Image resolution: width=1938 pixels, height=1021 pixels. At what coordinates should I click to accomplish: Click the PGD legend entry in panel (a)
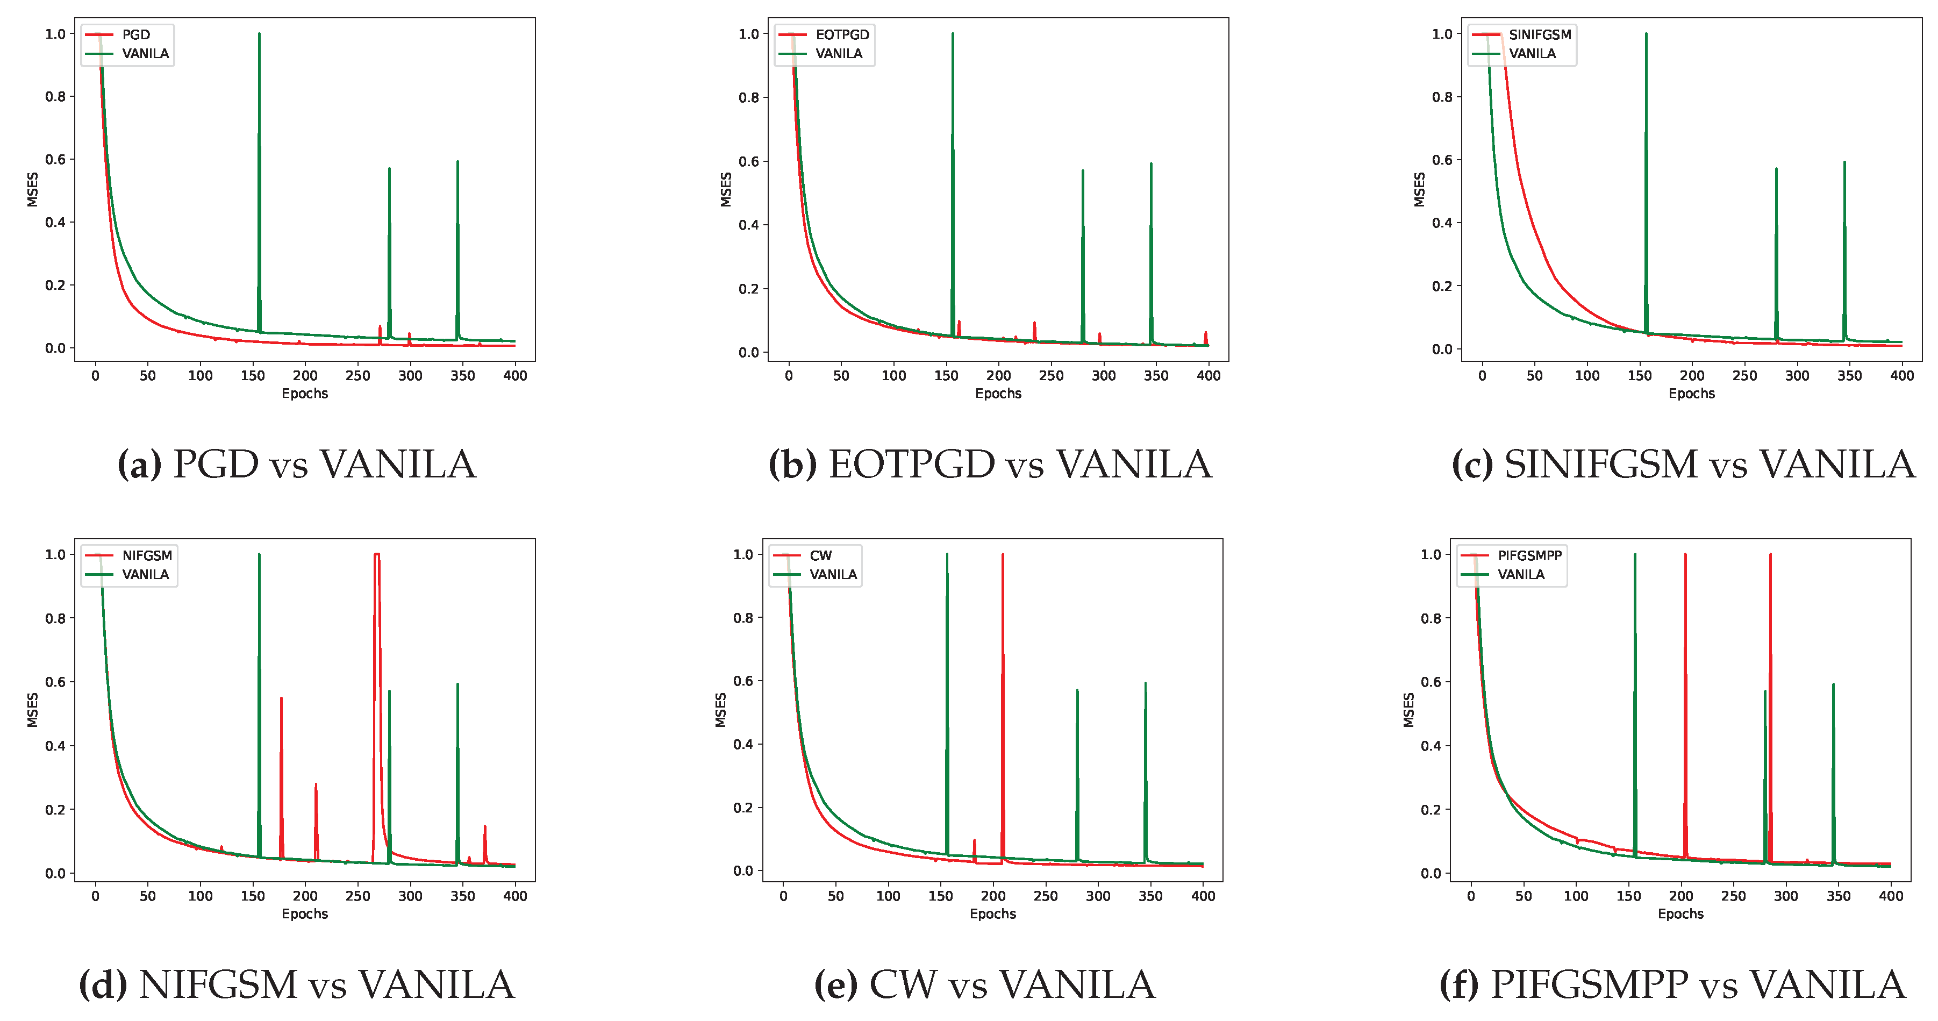pyautogui.click(x=135, y=34)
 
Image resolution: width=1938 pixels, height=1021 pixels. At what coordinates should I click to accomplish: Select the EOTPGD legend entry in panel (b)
pyautogui.click(x=842, y=34)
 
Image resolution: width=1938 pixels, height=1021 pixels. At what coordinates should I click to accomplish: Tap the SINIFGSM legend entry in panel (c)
pyautogui.click(x=1539, y=34)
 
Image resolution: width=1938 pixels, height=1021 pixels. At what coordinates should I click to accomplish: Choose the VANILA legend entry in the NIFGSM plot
pyautogui.click(x=145, y=574)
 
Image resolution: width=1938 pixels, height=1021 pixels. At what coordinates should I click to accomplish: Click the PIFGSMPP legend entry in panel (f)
pyautogui.click(x=1529, y=555)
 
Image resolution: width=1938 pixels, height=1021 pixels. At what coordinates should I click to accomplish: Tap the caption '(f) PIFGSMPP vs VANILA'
pyautogui.click(x=1672, y=984)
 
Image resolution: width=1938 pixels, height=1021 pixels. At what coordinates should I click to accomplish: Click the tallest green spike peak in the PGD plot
pyautogui.click(x=259, y=34)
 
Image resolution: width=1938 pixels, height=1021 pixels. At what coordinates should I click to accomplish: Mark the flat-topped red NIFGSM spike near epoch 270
pyautogui.click(x=377, y=554)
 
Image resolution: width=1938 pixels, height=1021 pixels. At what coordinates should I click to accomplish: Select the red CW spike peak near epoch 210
pyautogui.click(x=1003, y=555)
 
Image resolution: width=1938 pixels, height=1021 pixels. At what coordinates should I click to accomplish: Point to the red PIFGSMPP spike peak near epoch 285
pyautogui.click(x=1770, y=555)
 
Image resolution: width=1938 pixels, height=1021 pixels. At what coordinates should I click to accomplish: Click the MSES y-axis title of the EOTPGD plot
pyautogui.click(x=726, y=190)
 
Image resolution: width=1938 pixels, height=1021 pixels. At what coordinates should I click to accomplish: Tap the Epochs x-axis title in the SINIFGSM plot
pyautogui.click(x=1691, y=394)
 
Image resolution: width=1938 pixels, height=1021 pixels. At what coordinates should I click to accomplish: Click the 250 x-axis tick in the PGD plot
pyautogui.click(x=357, y=375)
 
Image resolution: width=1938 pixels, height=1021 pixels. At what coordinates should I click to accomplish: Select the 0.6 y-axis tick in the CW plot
pyautogui.click(x=743, y=681)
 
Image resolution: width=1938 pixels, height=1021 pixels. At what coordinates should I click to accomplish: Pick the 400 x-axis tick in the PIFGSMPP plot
pyautogui.click(x=1891, y=896)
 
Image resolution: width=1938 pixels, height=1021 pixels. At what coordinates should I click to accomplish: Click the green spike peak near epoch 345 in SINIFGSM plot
pyautogui.click(x=1844, y=162)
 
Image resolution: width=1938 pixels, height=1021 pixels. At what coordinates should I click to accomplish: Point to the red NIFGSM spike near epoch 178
pyautogui.click(x=281, y=699)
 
